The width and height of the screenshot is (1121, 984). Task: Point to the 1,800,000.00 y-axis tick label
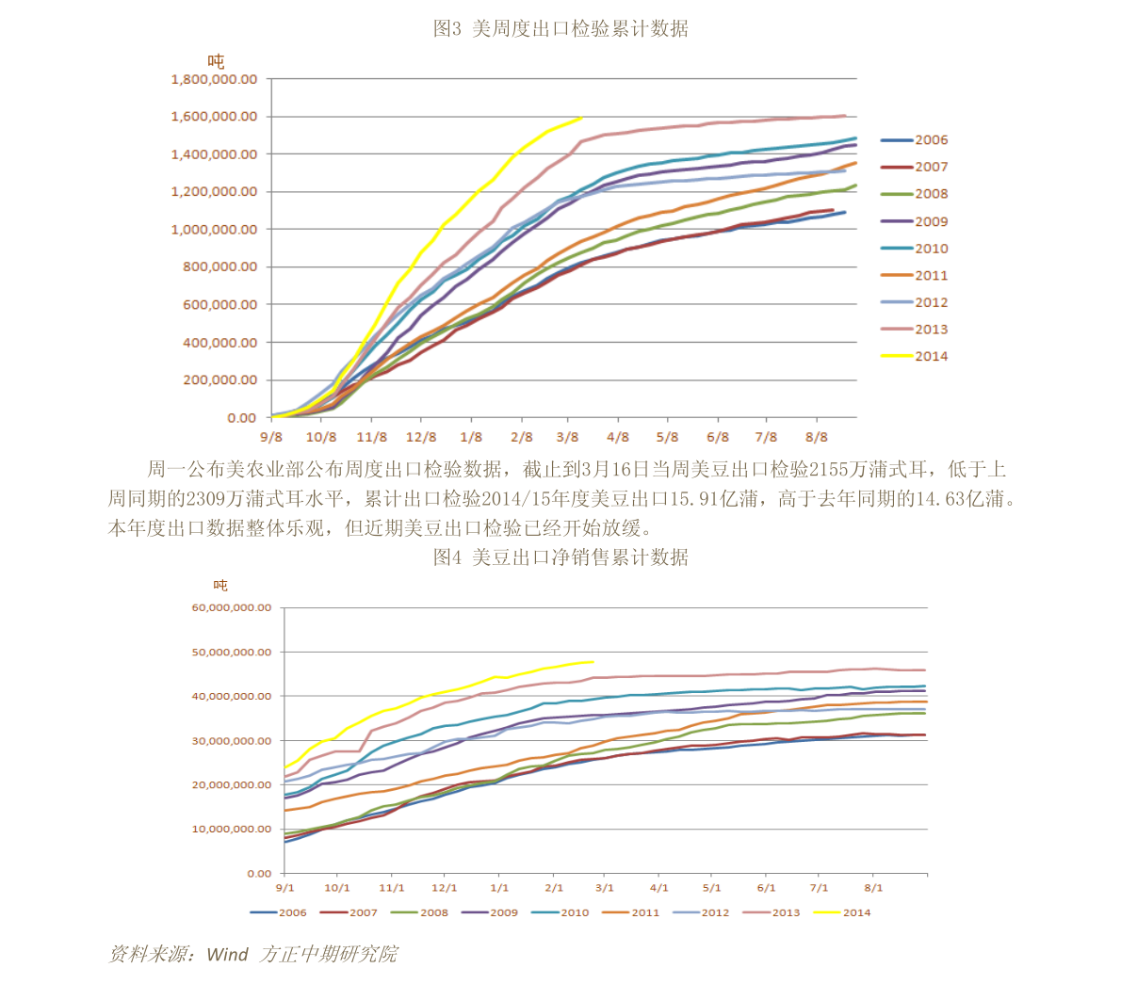pos(214,80)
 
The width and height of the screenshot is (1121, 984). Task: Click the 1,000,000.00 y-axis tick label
pos(214,230)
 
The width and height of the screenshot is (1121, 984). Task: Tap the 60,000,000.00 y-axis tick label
pos(231,607)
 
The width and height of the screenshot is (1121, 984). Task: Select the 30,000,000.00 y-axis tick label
pos(231,741)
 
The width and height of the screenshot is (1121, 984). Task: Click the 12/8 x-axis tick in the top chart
pos(421,437)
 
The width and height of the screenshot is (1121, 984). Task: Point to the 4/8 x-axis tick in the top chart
pos(617,437)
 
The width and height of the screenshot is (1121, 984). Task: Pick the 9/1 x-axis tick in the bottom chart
pos(284,888)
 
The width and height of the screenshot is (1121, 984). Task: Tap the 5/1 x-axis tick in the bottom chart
pos(711,888)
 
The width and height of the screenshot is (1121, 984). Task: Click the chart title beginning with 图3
pos(560,29)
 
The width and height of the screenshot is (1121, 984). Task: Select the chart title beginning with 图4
pos(560,557)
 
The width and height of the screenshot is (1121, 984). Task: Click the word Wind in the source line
pos(227,955)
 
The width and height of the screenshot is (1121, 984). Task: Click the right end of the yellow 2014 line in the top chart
pos(582,117)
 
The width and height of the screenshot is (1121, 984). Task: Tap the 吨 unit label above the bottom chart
pos(220,586)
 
